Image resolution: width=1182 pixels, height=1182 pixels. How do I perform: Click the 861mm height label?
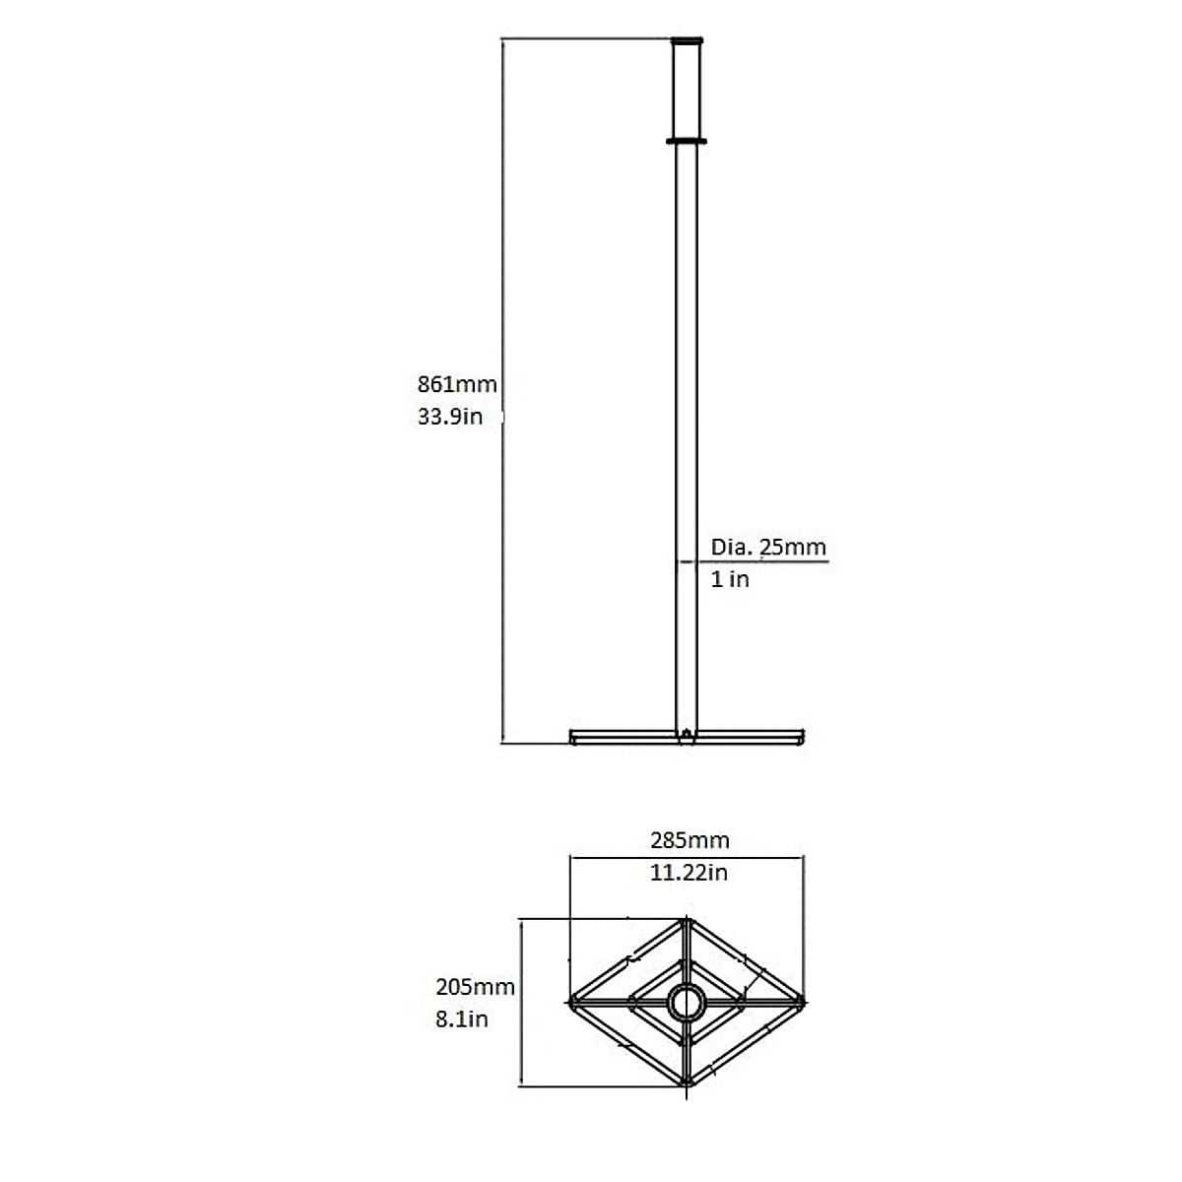457,384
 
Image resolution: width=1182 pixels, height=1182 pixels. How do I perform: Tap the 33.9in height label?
449,417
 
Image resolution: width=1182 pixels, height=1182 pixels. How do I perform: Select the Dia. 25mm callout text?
768,547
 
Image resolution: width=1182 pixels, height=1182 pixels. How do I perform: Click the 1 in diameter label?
730,579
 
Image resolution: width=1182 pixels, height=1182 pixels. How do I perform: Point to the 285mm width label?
689,840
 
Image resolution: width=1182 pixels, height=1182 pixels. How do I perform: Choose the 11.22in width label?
689,873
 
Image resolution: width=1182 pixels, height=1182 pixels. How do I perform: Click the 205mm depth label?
475,987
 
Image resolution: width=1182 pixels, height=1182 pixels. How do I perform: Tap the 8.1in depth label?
462,1019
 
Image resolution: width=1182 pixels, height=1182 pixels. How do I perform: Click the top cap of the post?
687,41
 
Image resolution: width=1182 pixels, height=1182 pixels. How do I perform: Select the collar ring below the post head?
687,142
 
